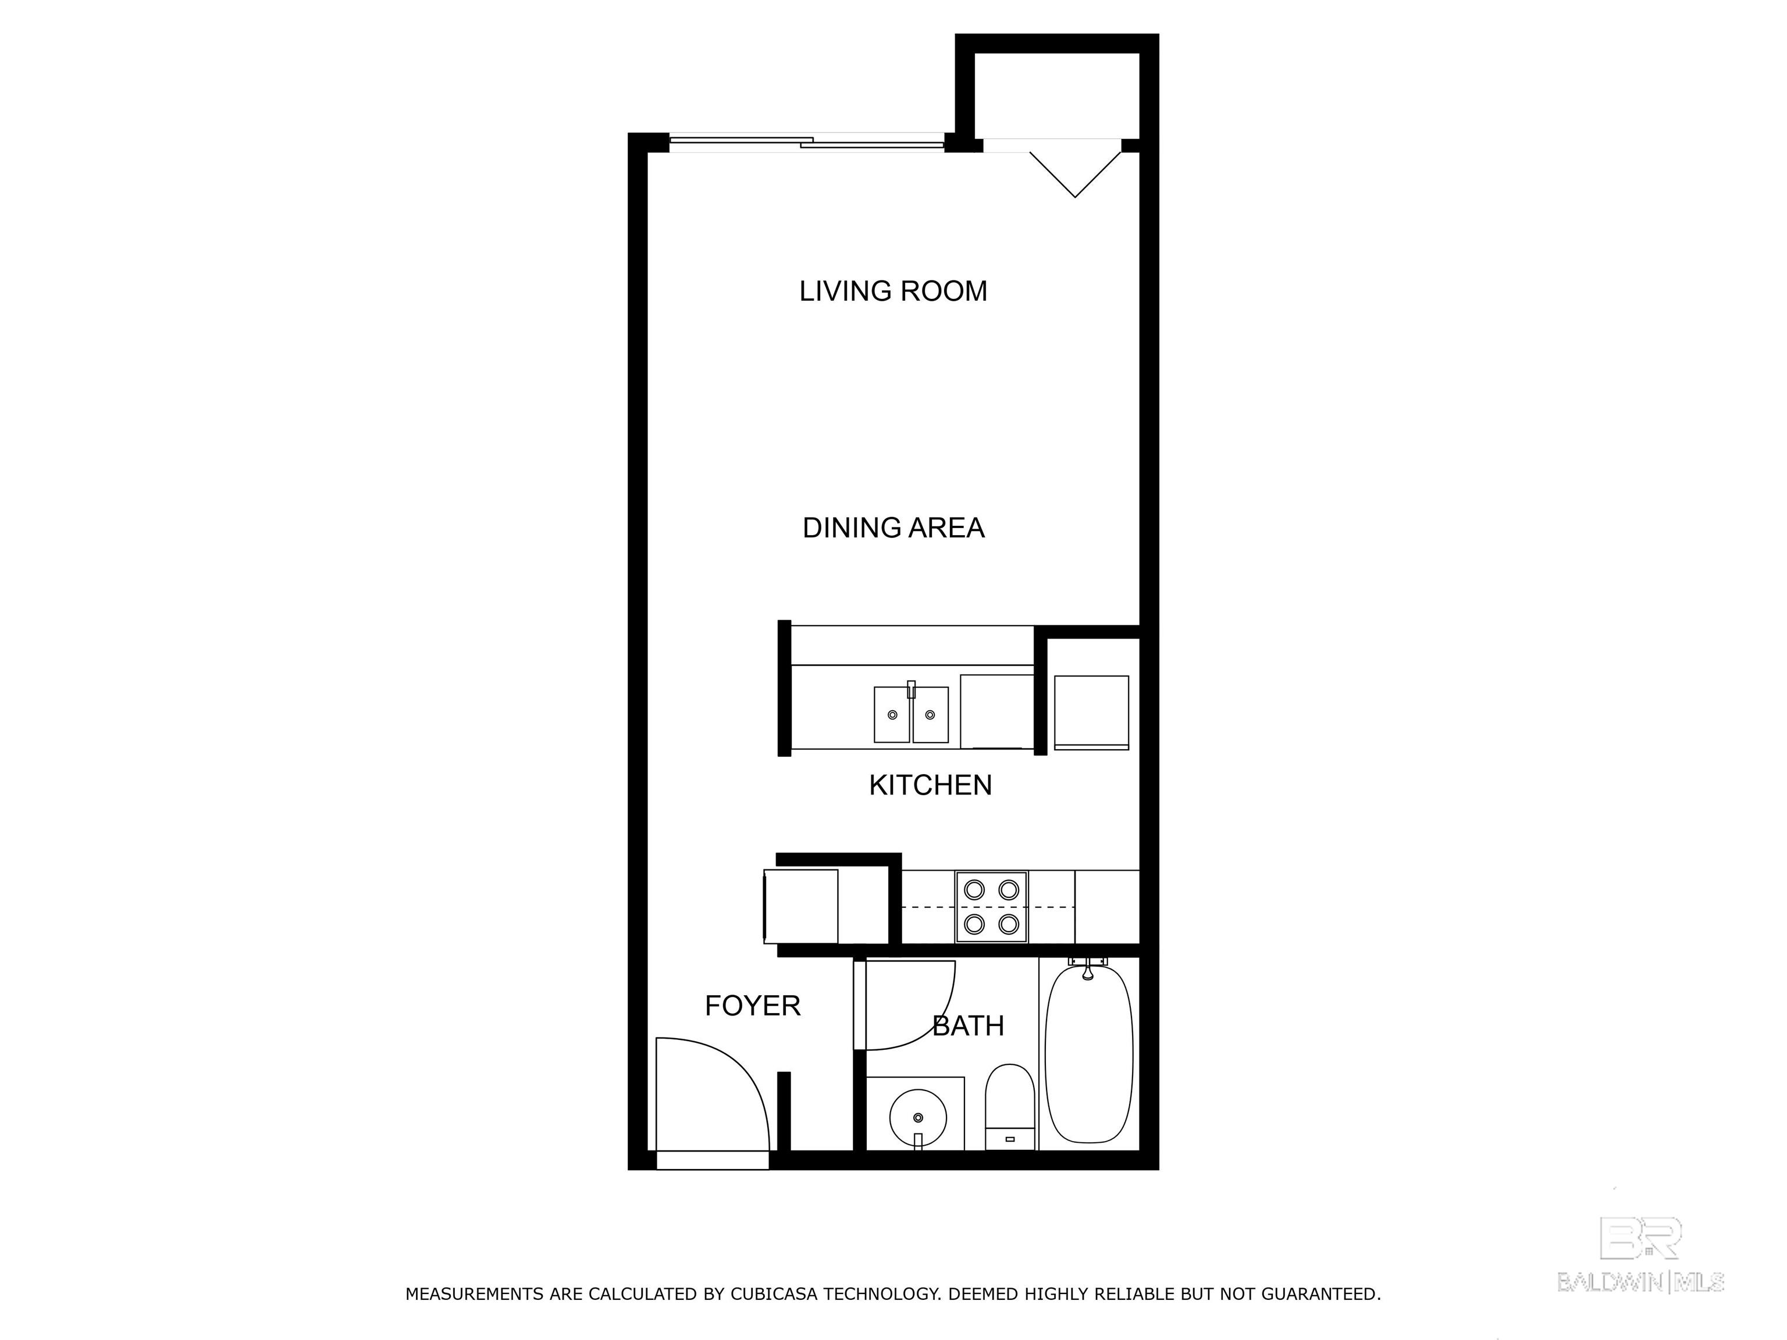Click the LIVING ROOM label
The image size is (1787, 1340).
(893, 291)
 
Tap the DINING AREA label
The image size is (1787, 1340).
(893, 528)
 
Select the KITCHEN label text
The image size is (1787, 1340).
(930, 785)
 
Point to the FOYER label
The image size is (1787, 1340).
(752, 1006)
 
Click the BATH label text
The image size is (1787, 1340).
(968, 1026)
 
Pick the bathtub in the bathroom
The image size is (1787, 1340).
(1088, 1053)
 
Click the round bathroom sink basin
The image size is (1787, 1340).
(918, 1117)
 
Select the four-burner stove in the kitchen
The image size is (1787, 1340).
(991, 906)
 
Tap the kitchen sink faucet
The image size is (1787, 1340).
(912, 689)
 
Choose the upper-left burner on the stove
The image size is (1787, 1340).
(974, 889)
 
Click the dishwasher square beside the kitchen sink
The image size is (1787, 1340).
(996, 711)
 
